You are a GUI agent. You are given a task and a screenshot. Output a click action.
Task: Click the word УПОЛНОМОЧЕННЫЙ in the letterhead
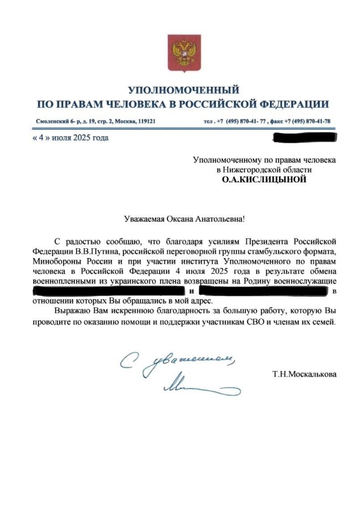coord(184,90)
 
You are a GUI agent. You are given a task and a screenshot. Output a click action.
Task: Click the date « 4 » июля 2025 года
coord(71,138)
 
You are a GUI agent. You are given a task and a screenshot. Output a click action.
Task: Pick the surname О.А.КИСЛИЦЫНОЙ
coord(264,180)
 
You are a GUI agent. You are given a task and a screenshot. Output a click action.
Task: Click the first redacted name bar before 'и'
coord(110,291)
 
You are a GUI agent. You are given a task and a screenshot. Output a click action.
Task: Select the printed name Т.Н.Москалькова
coord(305,374)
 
